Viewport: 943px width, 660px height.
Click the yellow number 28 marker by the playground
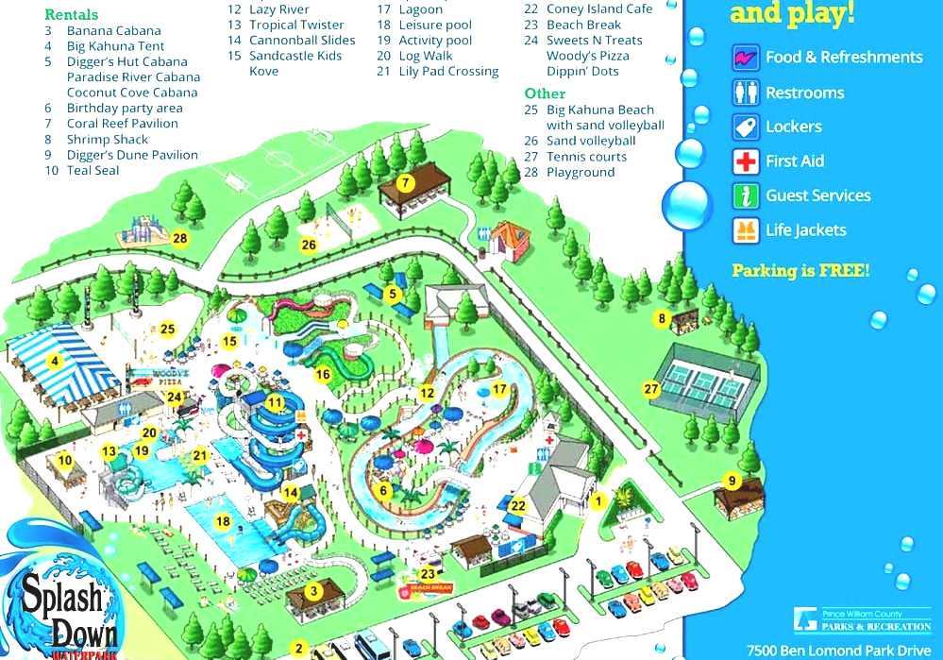point(179,239)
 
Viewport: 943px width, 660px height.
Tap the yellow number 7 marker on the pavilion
point(404,182)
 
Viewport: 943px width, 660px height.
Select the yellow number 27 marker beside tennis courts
point(650,389)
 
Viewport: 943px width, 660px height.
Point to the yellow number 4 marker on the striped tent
point(55,360)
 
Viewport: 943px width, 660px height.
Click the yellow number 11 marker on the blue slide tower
point(275,402)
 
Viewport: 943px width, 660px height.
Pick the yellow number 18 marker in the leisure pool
point(223,521)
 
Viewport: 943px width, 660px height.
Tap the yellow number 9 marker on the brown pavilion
point(731,481)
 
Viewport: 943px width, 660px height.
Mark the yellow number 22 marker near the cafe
point(518,506)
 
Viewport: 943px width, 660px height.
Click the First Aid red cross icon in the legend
point(746,161)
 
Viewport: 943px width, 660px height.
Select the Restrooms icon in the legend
point(746,93)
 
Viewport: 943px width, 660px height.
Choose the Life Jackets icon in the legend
point(746,230)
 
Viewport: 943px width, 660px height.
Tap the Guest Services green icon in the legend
point(746,196)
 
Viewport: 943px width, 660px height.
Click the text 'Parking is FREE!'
point(800,271)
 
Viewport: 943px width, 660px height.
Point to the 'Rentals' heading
point(71,15)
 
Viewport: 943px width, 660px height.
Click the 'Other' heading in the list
point(545,93)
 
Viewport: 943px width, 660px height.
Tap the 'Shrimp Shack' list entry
point(108,140)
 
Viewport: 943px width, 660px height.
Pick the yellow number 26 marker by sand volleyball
point(309,245)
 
